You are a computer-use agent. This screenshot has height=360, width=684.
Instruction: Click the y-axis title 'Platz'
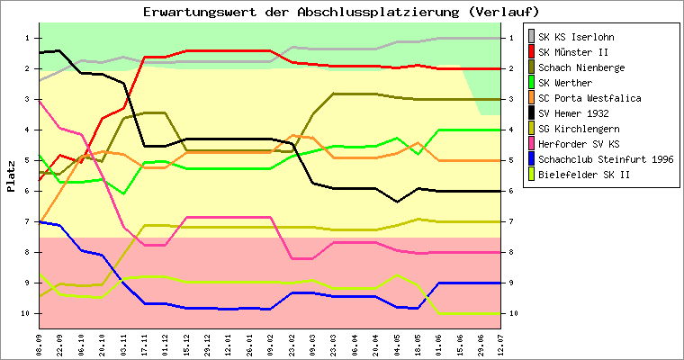pyautogui.click(x=11, y=175)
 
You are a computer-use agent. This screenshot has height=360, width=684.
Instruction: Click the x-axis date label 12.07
pyautogui.click(x=500, y=343)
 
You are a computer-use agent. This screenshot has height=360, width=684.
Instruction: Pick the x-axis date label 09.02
pyautogui.click(x=270, y=343)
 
